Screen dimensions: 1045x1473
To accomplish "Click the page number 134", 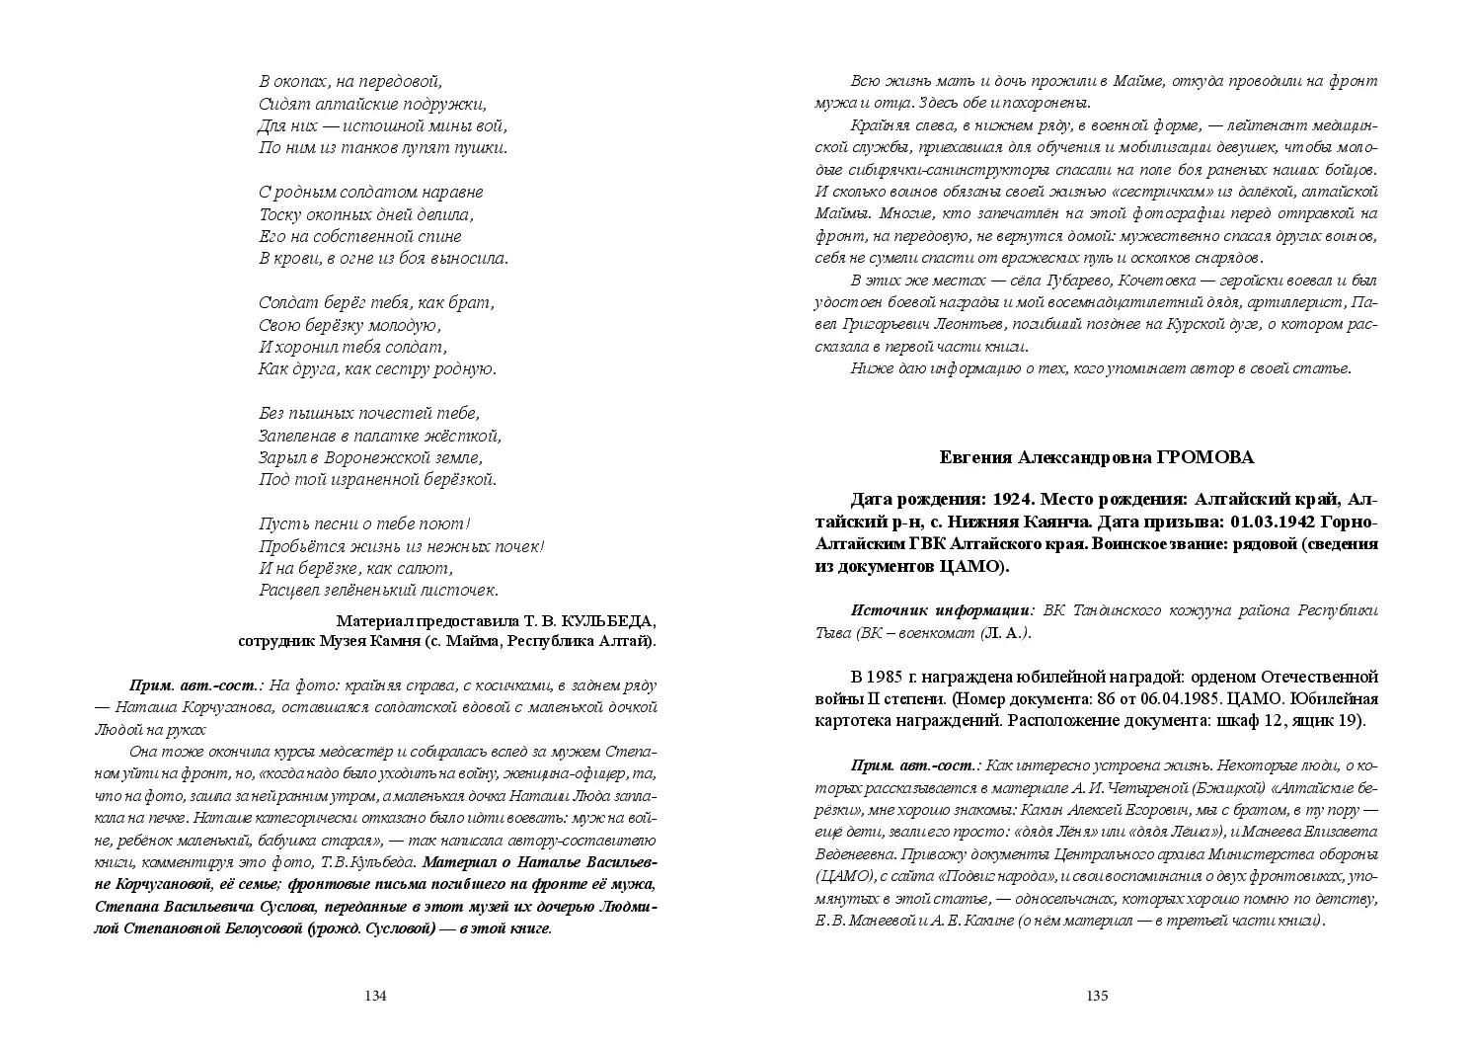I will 375,996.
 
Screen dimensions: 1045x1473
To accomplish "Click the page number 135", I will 1097,996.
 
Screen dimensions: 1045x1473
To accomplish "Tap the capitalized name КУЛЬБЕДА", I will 607,621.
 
